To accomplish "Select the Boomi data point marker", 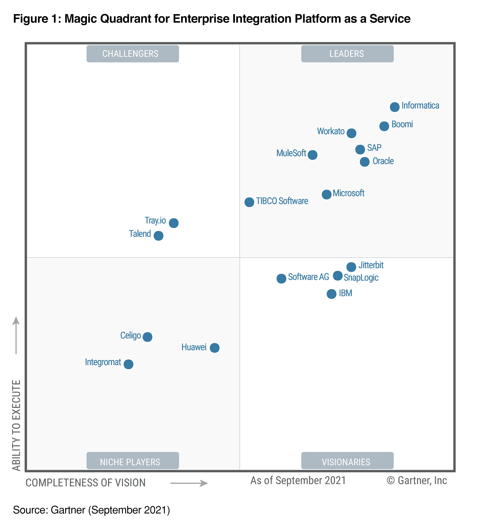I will (x=384, y=126).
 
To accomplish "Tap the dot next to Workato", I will (x=351, y=133).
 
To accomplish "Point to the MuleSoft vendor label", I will (x=291, y=153).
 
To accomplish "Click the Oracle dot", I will (x=364, y=162).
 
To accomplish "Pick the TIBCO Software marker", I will (x=249, y=202).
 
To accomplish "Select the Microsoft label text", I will (x=348, y=193).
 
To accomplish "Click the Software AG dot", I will (x=281, y=278).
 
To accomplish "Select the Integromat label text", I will (x=103, y=362).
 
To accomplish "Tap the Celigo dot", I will (x=147, y=337).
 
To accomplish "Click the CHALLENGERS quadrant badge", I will (x=133, y=54).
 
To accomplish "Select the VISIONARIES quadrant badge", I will (x=347, y=462).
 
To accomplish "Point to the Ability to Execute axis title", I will (x=16, y=425).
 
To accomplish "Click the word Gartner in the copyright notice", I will (x=414, y=480).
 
